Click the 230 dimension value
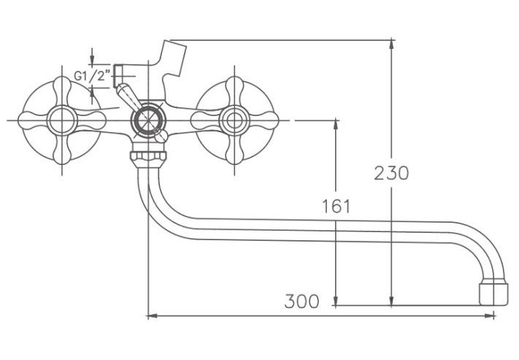pyautogui.click(x=391, y=173)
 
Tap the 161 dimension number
pyautogui.click(x=336, y=207)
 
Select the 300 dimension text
pyautogui.click(x=302, y=301)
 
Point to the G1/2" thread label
pyautogui.click(x=92, y=76)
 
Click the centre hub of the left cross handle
pyautogui.click(x=62, y=120)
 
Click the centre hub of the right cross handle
pyautogui.click(x=234, y=120)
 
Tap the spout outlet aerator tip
pyautogui.click(x=493, y=292)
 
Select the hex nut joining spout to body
pyautogui.click(x=147, y=156)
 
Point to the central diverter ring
pyautogui.click(x=147, y=120)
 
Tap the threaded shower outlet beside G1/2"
pyautogui.click(x=118, y=76)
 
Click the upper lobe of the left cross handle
pyautogui.click(x=62, y=89)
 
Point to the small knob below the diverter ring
pyautogui.click(x=161, y=136)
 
